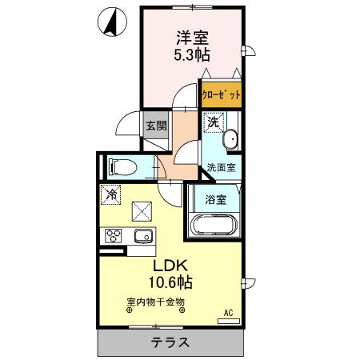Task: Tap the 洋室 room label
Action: click(x=192, y=37)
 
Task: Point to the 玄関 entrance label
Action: click(x=157, y=125)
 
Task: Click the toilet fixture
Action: click(x=125, y=166)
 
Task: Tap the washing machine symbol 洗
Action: click(x=213, y=122)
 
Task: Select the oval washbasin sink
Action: click(x=232, y=140)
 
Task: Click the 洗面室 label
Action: click(x=222, y=167)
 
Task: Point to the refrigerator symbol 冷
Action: click(x=111, y=194)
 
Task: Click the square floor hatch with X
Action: click(x=143, y=212)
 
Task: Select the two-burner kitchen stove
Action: click(x=112, y=236)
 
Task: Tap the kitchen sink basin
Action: click(x=143, y=236)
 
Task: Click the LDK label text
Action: click(x=171, y=265)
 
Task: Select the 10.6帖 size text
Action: click(x=171, y=282)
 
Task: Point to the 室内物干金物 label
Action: click(x=156, y=302)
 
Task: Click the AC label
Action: click(x=228, y=313)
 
